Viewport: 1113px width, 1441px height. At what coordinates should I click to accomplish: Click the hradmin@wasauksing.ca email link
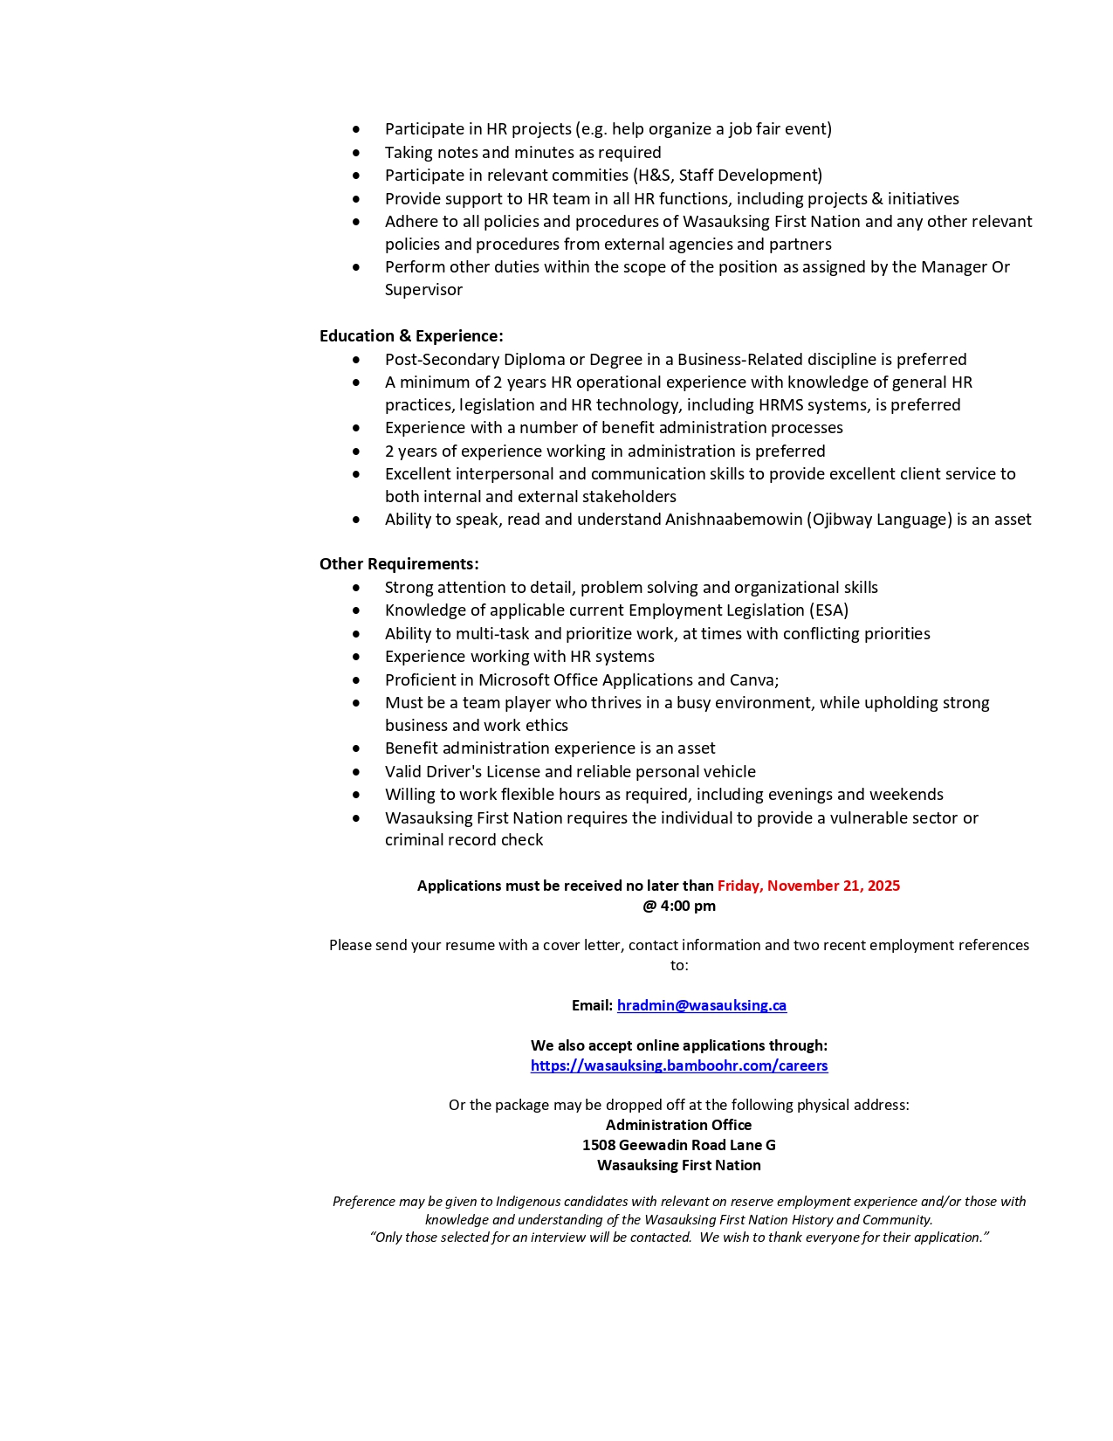tap(701, 1005)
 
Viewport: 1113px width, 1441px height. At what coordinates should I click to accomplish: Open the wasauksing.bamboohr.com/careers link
tap(679, 1065)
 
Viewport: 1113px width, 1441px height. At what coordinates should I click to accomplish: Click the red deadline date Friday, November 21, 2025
tap(808, 886)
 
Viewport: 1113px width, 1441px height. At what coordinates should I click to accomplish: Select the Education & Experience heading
tap(411, 336)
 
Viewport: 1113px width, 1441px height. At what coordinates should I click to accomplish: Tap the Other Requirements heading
tap(399, 564)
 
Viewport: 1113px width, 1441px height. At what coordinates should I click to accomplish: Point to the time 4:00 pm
tap(688, 906)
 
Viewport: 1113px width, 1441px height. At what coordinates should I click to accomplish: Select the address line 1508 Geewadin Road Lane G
tap(679, 1145)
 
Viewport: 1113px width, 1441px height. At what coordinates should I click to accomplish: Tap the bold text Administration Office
tap(679, 1125)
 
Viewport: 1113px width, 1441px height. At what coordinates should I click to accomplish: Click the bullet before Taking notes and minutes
tap(356, 153)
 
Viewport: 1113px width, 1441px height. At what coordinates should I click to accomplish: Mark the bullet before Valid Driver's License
tap(356, 772)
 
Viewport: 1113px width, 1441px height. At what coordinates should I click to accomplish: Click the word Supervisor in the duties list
tap(423, 290)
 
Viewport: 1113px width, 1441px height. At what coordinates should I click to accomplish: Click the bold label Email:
tap(592, 1005)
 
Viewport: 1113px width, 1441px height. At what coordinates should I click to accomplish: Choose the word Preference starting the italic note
tap(363, 1202)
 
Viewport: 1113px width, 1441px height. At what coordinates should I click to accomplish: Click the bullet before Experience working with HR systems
tap(356, 657)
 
